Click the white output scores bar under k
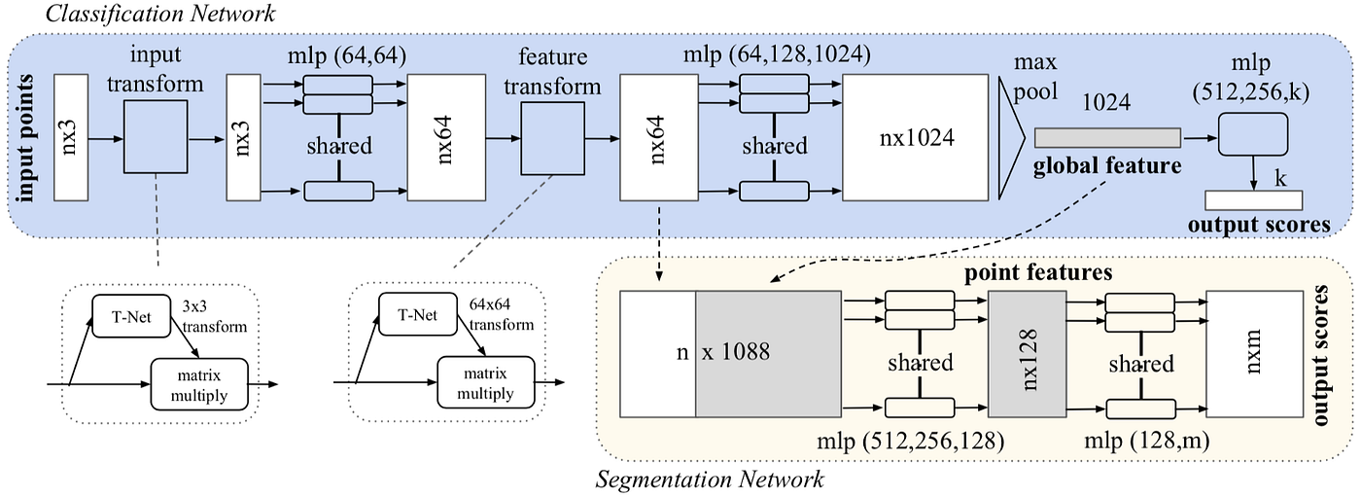coord(1253,200)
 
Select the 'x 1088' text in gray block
coord(736,352)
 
